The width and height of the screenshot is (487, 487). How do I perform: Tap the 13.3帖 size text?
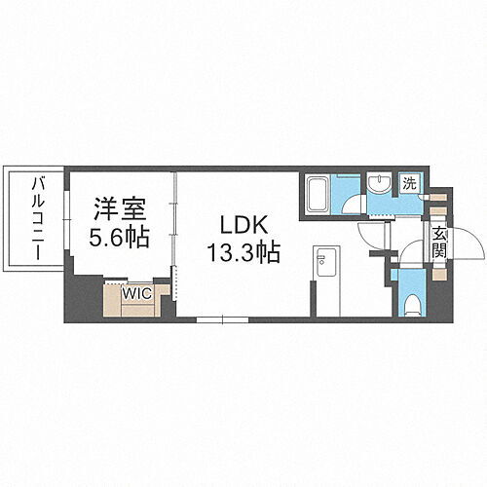243,253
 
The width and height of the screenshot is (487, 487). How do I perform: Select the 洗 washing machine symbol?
411,183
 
